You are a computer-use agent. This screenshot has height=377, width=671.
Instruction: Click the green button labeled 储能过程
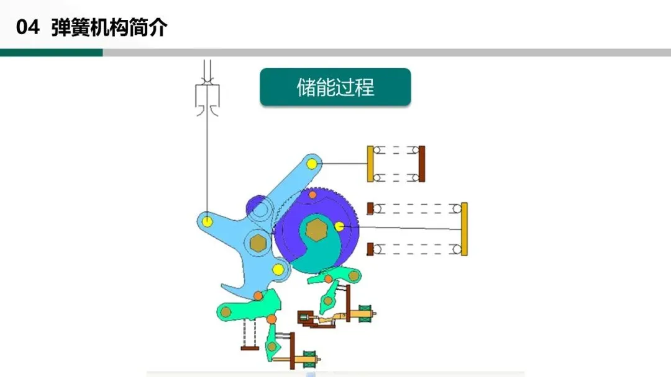tap(335, 87)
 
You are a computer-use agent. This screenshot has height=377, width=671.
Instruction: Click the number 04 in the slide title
tap(28, 28)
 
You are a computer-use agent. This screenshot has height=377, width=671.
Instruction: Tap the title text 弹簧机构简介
tap(109, 28)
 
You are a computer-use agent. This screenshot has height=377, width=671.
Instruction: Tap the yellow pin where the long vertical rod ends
tap(208, 220)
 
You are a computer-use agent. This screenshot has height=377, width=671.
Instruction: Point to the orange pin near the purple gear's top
tap(313, 195)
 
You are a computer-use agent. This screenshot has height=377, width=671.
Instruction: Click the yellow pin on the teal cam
tap(339, 226)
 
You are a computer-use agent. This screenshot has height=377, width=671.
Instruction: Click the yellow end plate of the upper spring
tap(370, 164)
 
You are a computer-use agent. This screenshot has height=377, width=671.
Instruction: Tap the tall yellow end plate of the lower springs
tap(464, 229)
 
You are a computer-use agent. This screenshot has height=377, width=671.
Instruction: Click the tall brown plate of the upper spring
tap(422, 164)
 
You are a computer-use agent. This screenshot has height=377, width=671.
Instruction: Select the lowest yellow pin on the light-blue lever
tap(278, 269)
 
